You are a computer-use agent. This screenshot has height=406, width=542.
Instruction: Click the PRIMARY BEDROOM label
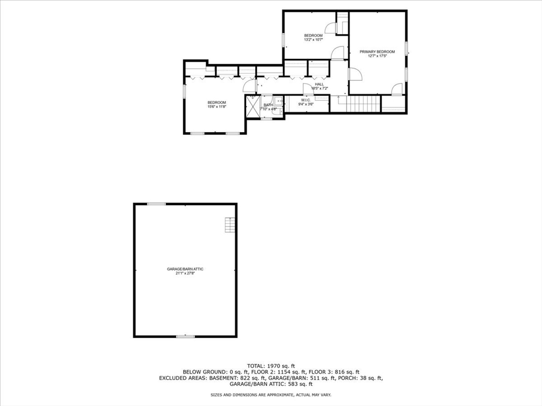point(377,51)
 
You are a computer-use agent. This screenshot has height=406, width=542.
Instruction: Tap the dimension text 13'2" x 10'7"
point(313,40)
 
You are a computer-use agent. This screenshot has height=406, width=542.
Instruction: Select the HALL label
point(319,84)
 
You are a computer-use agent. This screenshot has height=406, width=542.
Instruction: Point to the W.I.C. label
point(306,100)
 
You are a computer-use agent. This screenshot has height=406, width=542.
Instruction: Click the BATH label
point(268,105)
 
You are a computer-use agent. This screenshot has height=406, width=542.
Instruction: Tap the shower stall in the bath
point(252,107)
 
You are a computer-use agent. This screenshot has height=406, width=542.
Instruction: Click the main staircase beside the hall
point(363,104)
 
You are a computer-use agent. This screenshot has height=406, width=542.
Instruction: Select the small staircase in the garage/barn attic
point(229,225)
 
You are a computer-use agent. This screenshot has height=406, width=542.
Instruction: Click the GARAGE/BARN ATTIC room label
point(185,269)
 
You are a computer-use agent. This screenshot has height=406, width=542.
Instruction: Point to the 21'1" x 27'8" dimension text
point(185,273)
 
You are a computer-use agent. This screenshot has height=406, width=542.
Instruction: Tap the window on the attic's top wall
point(156,204)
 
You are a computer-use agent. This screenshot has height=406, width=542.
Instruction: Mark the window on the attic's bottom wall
point(185,336)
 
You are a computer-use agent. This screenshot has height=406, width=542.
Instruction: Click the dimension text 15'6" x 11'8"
point(216,107)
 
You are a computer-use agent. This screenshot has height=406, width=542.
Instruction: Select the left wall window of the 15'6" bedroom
point(184,91)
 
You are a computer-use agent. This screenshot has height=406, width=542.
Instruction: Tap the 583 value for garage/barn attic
point(275,384)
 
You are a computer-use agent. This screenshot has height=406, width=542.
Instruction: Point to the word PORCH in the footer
point(348,378)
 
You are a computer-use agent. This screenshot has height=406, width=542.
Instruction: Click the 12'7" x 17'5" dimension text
point(377,56)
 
